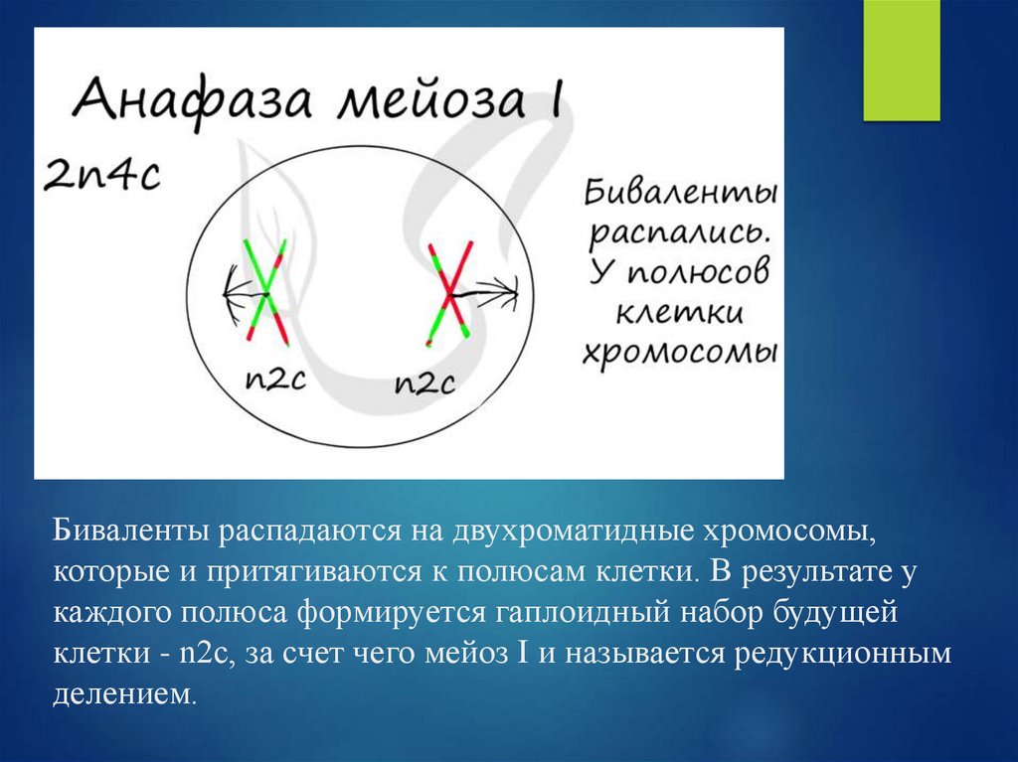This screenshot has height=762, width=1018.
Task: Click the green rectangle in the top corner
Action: pos(901,61)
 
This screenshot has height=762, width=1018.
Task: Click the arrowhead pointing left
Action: pos(230,294)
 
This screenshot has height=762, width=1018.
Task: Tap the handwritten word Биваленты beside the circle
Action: pos(680,192)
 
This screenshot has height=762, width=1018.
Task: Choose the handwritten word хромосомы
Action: pos(680,354)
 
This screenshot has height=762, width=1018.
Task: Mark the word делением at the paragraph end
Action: pos(124,693)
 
